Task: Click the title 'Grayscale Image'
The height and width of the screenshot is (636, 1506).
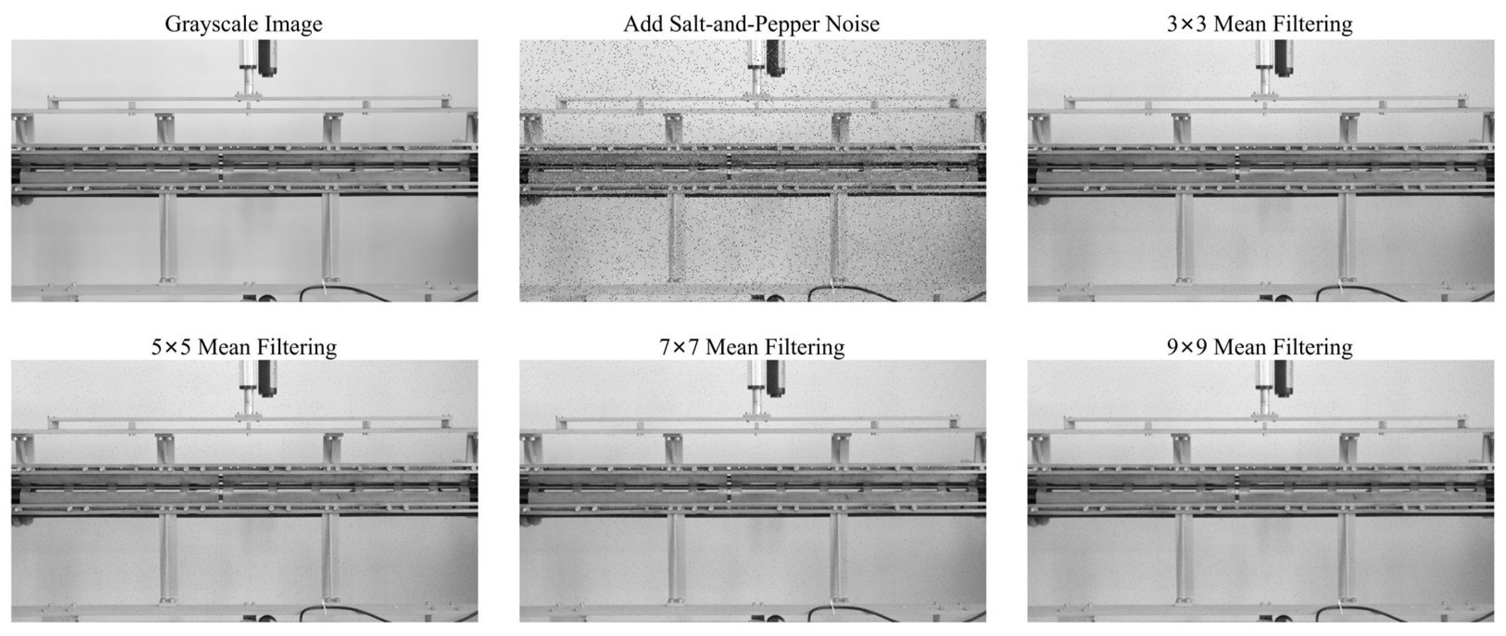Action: click(243, 24)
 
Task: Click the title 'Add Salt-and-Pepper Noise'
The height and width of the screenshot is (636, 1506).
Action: click(751, 24)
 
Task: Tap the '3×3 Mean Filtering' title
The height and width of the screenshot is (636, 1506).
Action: click(1260, 24)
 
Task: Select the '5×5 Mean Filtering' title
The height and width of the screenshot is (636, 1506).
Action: click(244, 347)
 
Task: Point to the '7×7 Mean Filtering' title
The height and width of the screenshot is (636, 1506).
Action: click(752, 347)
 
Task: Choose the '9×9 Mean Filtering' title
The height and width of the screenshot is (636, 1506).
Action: click(1260, 347)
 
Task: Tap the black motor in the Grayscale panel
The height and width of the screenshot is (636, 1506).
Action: click(267, 57)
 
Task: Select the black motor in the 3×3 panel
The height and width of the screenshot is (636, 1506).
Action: click(1284, 57)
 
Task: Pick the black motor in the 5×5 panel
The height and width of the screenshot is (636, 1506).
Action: click(267, 378)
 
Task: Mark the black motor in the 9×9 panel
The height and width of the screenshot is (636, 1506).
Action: click(1284, 378)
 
